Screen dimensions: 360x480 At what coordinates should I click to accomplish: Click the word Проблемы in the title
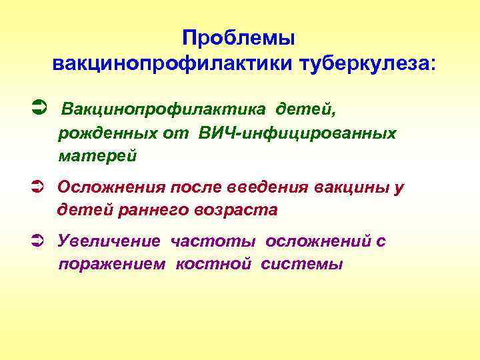point(238,38)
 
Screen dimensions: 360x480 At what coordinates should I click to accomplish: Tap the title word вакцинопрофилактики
point(164,64)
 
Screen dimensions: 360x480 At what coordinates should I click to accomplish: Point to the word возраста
point(235,210)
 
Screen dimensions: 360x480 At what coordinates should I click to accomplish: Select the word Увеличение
point(109,241)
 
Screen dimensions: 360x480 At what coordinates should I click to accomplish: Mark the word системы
point(302,265)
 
